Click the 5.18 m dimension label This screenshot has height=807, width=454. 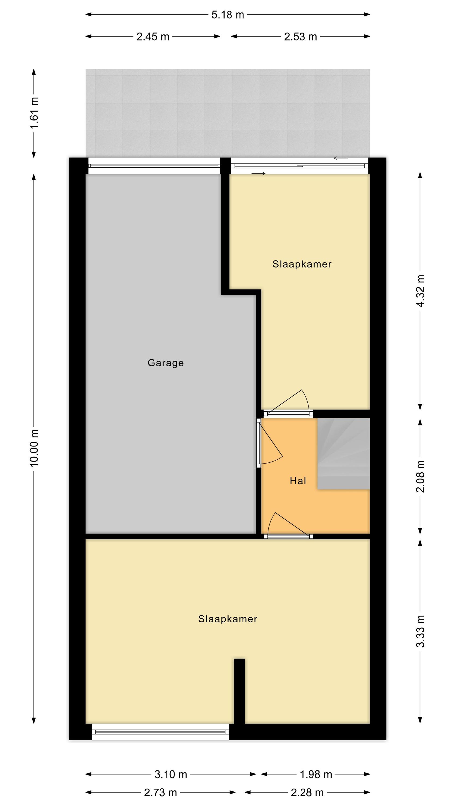pyautogui.click(x=228, y=15)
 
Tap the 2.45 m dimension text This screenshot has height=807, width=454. pyautogui.click(x=152, y=37)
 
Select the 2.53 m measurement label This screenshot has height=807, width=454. pyautogui.click(x=300, y=37)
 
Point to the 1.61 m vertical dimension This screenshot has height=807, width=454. pyautogui.click(x=34, y=112)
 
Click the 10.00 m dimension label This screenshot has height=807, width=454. pyautogui.click(x=34, y=448)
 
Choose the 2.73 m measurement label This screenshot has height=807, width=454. pyautogui.click(x=160, y=792)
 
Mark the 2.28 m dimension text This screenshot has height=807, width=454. pyautogui.click(x=307, y=792)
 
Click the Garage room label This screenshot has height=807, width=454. pyautogui.click(x=166, y=363)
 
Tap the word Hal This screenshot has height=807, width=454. pyautogui.click(x=298, y=481)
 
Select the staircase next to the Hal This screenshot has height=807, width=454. pyautogui.click(x=344, y=453)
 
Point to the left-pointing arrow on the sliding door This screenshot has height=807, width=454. pyautogui.click(x=340, y=158)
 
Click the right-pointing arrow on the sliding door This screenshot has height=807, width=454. pyautogui.click(x=258, y=174)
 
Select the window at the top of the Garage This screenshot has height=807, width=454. pyautogui.click(x=154, y=165)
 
